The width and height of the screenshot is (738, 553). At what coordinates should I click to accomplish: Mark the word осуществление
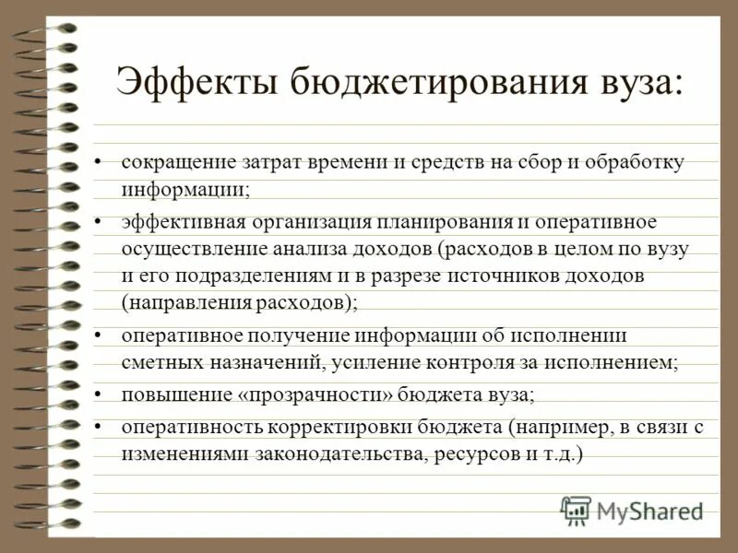[181, 249]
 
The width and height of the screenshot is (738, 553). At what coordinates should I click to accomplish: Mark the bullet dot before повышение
[101, 395]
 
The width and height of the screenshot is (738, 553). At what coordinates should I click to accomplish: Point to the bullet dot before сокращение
[101, 163]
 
